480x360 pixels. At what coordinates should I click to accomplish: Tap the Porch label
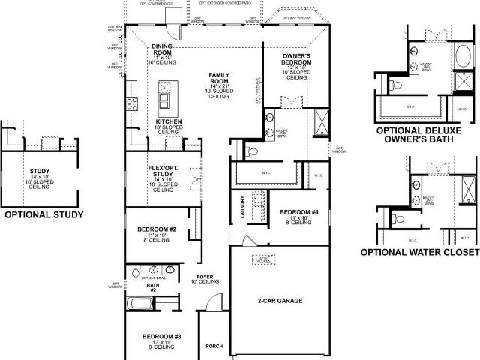[214, 346]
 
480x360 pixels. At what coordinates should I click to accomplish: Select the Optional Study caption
[43, 214]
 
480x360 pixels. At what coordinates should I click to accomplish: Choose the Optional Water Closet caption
[419, 252]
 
